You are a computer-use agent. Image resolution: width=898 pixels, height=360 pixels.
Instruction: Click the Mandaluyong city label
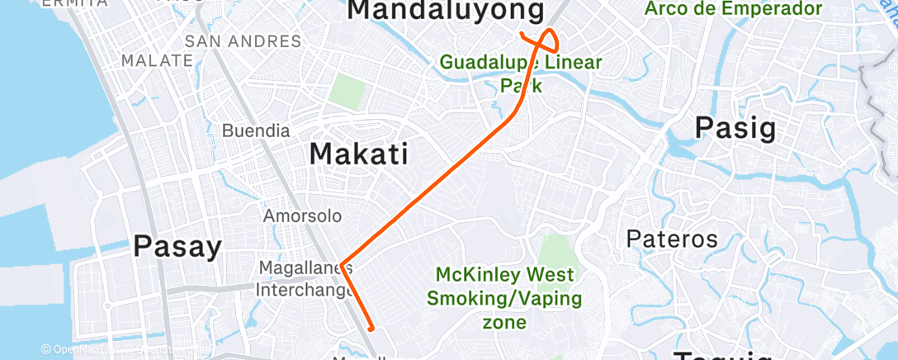[447, 11]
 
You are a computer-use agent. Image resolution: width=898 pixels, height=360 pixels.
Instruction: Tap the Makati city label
[359, 154]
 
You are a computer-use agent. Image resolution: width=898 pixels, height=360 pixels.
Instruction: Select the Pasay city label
[177, 246]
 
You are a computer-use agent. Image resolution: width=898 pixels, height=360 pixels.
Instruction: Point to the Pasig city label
[735, 128]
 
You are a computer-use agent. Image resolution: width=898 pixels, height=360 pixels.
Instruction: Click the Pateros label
[672, 239]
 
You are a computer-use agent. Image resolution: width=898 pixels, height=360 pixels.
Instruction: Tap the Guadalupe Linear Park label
[521, 73]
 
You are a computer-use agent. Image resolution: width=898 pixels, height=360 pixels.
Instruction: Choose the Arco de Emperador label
[735, 9]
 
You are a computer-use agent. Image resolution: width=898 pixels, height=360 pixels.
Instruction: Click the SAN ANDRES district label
[243, 41]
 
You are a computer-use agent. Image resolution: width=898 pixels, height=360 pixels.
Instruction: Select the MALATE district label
[156, 60]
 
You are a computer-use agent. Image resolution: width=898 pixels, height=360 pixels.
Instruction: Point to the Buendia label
[256, 130]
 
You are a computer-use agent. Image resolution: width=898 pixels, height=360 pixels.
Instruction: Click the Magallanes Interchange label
[305, 279]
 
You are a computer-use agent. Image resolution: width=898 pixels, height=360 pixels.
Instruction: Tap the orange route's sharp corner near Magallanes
[341, 263]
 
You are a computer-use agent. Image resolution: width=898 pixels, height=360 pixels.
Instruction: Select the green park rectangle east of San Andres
[347, 91]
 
